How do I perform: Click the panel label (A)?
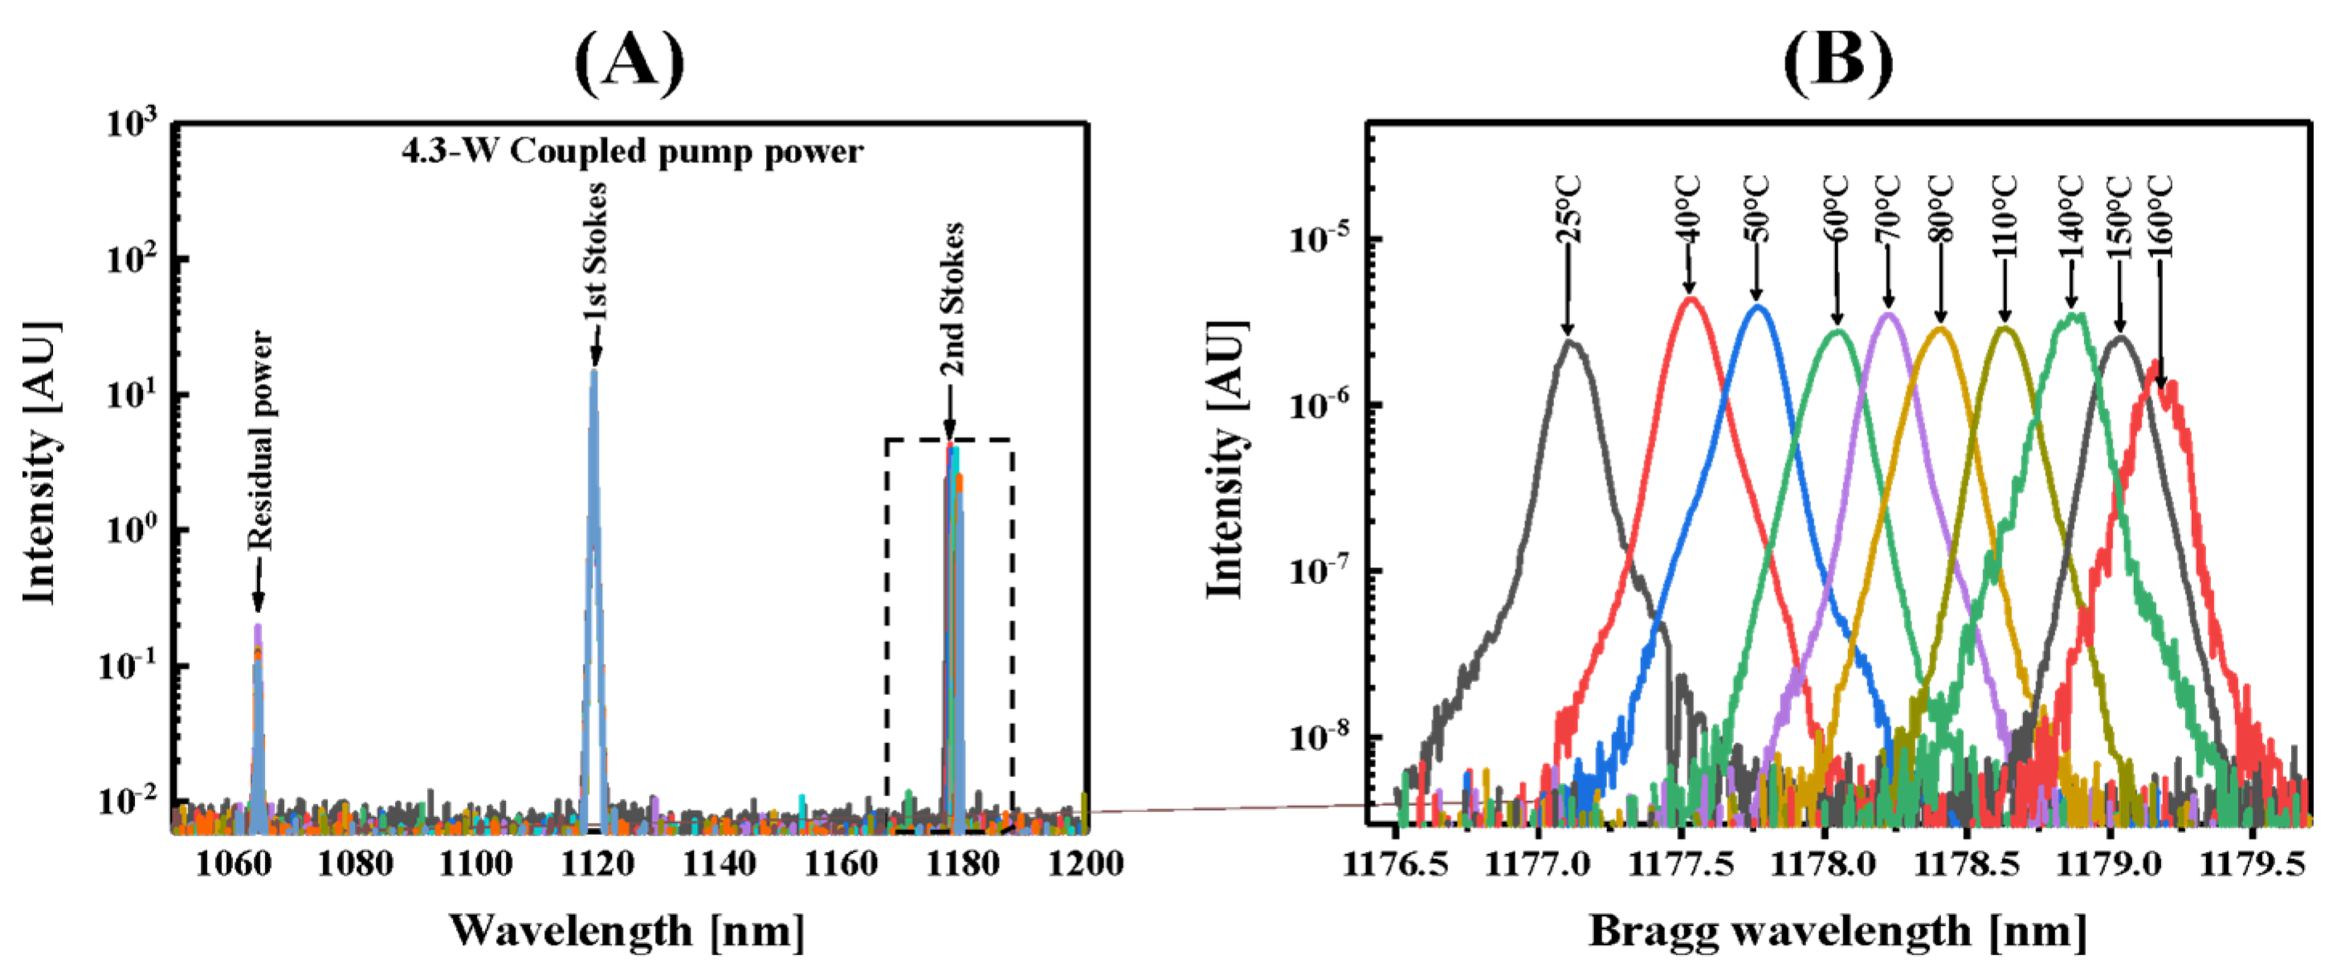click(630, 62)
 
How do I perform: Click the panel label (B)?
click(1838, 62)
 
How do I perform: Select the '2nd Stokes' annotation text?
click(951, 299)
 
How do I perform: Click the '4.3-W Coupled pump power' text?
click(632, 152)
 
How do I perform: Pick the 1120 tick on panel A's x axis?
click(596, 863)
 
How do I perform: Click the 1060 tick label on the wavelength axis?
click(233, 863)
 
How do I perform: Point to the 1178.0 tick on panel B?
click(1824, 864)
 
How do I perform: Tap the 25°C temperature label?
click(1568, 210)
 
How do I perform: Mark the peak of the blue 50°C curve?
click(1758, 308)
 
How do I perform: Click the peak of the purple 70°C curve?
click(1889, 315)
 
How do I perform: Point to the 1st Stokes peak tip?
click(594, 370)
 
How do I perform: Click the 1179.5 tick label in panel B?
click(2252, 864)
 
